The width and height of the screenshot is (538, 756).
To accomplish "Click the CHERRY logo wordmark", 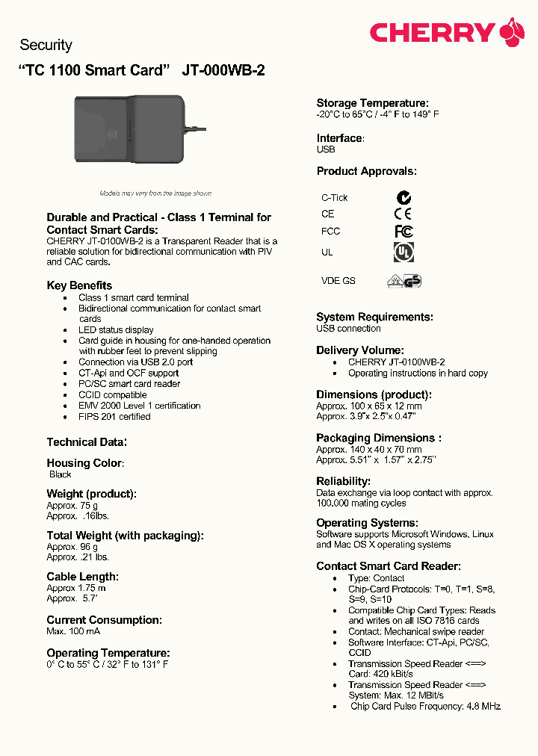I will pyautogui.click(x=432, y=33).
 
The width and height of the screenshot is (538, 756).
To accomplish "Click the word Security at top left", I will pyautogui.click(x=46, y=45).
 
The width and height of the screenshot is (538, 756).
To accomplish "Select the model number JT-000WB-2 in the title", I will pyautogui.click(x=223, y=71).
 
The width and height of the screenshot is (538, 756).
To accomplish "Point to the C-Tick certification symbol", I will pyautogui.click(x=403, y=198).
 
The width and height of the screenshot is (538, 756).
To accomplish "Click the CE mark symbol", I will pyautogui.click(x=403, y=214).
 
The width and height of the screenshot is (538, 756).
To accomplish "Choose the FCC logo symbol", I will pyautogui.click(x=403, y=232).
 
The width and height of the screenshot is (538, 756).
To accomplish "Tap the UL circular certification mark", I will pyautogui.click(x=403, y=252).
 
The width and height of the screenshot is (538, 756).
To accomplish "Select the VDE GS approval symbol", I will pyautogui.click(x=403, y=281).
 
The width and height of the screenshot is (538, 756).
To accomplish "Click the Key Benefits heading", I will pyautogui.click(x=79, y=285).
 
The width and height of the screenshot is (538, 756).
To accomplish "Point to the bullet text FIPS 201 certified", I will pyautogui.click(x=114, y=417).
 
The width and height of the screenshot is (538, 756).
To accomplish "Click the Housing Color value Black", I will pyautogui.click(x=61, y=474).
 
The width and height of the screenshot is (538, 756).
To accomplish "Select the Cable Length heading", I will pyautogui.click(x=82, y=577).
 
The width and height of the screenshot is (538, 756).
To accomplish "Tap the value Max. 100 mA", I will pyautogui.click(x=73, y=632).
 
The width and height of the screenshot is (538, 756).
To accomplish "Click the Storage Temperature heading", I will pyautogui.click(x=372, y=103).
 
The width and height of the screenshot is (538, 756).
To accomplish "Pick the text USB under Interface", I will pyautogui.click(x=326, y=149).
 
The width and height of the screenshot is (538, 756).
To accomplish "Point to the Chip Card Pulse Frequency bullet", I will pyautogui.click(x=424, y=706).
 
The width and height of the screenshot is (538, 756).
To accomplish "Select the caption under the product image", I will pyautogui.click(x=155, y=193).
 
